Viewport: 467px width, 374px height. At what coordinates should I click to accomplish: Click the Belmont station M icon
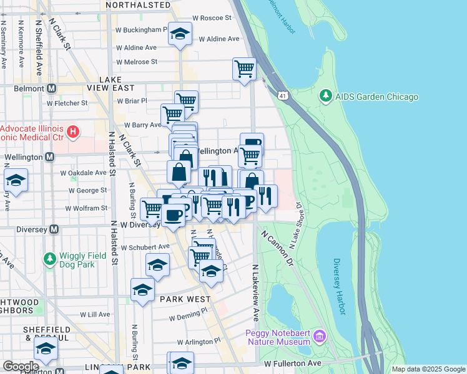pos(51,89)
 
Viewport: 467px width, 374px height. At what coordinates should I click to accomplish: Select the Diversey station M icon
pos(54,229)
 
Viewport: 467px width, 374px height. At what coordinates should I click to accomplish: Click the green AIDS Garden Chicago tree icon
pos(325,97)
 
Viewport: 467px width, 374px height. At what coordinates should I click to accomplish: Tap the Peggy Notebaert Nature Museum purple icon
pos(320,337)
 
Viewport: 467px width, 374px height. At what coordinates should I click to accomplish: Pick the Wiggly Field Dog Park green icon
pos(49,257)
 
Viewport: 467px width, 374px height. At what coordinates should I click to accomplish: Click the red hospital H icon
pos(73,132)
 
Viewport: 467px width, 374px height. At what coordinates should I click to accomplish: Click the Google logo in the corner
pos(21,367)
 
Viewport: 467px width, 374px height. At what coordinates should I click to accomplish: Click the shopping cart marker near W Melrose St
pos(244,69)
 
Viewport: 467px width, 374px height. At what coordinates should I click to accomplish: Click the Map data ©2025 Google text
pos(428,369)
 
